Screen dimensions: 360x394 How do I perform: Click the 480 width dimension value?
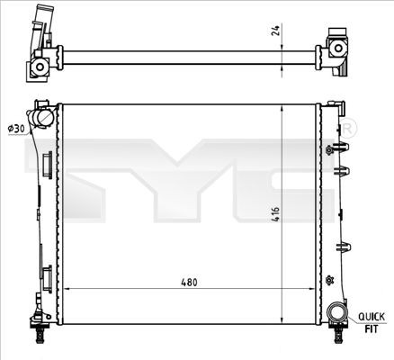[x=186, y=282]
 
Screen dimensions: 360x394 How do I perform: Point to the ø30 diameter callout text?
[x=15, y=130]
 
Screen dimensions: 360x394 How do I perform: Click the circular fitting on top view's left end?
[x=40, y=67]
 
